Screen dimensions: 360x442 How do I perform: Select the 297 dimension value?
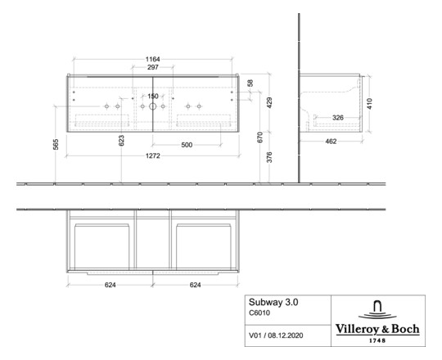(152, 68)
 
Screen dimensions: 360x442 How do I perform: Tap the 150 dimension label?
(152, 97)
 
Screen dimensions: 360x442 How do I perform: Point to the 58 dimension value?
(250, 83)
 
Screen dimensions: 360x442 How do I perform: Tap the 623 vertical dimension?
(122, 141)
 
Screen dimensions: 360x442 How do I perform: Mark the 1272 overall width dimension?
(152, 155)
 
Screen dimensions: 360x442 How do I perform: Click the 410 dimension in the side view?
(371, 103)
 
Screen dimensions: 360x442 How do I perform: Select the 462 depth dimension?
(330, 142)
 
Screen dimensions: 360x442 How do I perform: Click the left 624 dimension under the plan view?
(110, 286)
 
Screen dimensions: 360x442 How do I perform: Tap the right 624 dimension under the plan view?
(195, 286)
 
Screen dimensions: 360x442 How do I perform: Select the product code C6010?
(260, 313)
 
